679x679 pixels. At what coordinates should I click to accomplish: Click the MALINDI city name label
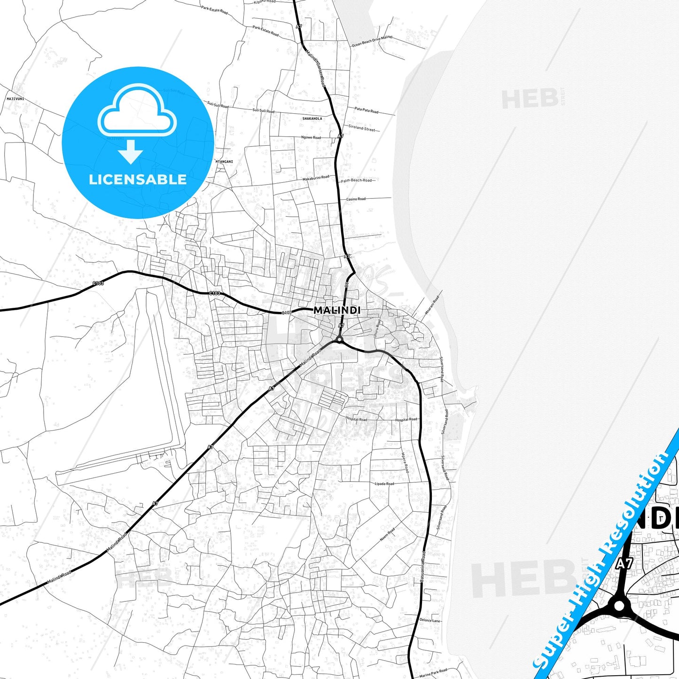tap(337, 310)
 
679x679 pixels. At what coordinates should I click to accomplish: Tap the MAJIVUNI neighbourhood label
tap(16, 99)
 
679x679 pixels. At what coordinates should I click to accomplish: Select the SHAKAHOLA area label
tap(312, 119)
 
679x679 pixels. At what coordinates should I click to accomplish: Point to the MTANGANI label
tap(224, 162)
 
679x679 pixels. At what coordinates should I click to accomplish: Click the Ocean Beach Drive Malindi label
tap(372, 41)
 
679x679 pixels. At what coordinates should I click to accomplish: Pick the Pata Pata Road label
tap(366, 110)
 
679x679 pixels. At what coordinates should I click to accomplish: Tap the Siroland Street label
tap(361, 128)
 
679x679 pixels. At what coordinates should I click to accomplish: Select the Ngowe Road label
tap(311, 138)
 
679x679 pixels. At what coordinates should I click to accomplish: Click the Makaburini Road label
tap(316, 178)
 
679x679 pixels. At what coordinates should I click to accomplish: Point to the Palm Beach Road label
tap(356, 180)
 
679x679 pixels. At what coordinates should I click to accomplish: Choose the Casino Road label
tap(356, 199)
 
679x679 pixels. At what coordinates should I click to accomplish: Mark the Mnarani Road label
tap(432, 305)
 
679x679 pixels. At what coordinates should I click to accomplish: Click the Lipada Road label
tap(384, 484)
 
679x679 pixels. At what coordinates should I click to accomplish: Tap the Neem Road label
tap(387, 534)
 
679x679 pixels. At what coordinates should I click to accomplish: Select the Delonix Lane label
tap(430, 620)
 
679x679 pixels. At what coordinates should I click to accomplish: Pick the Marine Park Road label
tap(433, 673)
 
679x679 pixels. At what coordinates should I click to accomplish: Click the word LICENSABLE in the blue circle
tap(138, 180)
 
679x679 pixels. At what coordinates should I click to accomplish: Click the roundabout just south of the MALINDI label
tap(339, 339)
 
